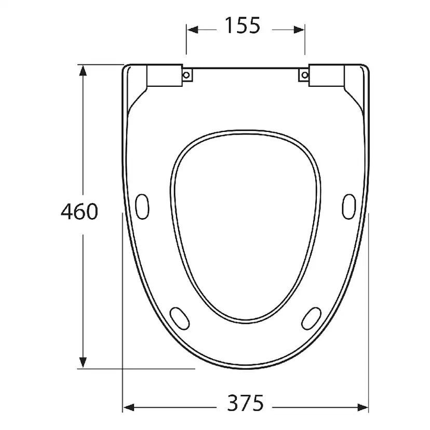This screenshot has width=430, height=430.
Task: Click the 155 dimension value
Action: pos(242,25)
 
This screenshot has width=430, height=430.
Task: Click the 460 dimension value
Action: pos(79,211)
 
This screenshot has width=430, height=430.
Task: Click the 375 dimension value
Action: pos(245,403)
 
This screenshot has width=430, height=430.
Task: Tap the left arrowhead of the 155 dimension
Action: pos(192,30)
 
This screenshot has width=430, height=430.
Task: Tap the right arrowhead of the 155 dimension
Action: pos(299,30)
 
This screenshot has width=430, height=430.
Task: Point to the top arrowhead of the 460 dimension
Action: pos(83,71)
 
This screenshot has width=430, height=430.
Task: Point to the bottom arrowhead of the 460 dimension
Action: pos(83,362)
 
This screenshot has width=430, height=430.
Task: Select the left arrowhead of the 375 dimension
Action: pos(128,408)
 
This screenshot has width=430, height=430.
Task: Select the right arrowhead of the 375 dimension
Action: pos(363,408)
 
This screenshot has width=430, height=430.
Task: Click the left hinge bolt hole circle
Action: pos(186,75)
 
